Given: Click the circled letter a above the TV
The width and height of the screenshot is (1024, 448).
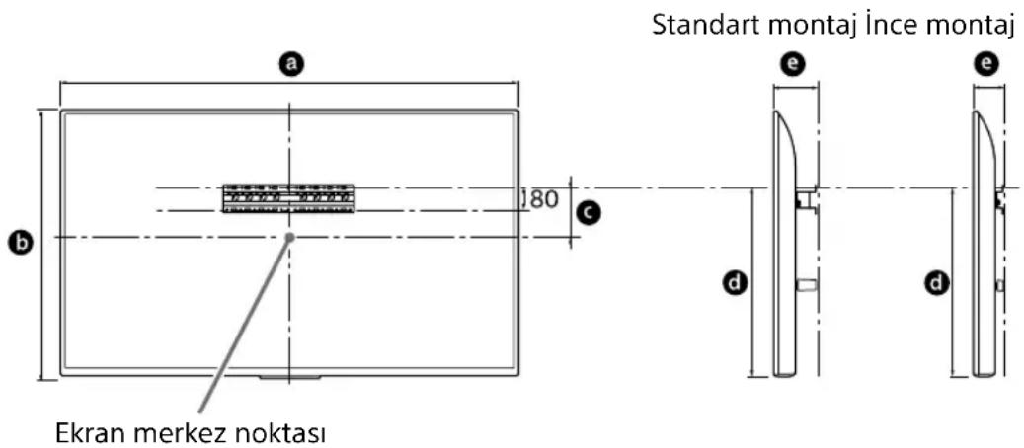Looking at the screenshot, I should tap(289, 64).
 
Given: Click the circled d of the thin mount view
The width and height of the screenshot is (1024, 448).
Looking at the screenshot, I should tap(935, 284).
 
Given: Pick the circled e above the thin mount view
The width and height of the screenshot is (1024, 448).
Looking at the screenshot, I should tap(985, 64).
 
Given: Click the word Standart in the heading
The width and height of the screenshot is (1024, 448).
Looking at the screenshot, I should tap(699, 29).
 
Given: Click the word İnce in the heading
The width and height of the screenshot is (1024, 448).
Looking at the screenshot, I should tap(876, 29).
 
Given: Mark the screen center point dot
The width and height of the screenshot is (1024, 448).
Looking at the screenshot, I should tap(289, 237).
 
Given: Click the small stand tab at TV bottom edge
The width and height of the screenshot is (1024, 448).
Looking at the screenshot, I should tap(289, 377).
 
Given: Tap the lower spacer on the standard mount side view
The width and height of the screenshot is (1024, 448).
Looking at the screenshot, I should tap(806, 285).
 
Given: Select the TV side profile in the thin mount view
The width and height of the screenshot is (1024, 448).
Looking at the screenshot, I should tap(985, 247).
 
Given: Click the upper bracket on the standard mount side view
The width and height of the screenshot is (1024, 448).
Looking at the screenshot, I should tap(806, 198).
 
